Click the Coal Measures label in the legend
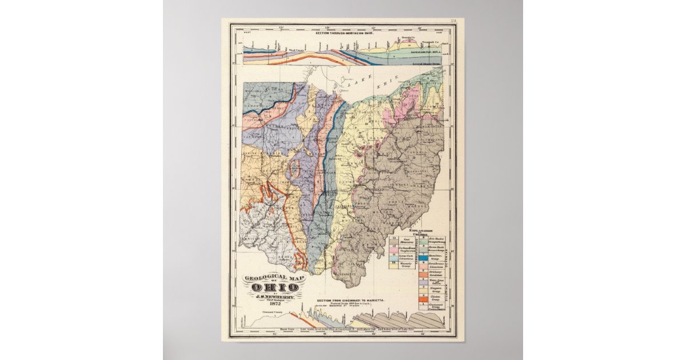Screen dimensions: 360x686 [x=405, y=241]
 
